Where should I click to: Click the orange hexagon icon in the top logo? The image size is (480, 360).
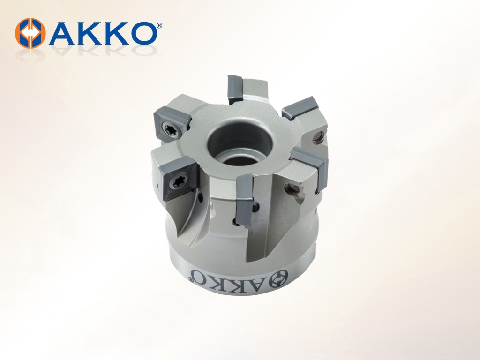(x=30, y=33)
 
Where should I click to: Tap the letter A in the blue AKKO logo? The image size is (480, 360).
(x=64, y=33)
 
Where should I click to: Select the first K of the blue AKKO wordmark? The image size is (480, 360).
(x=91, y=33)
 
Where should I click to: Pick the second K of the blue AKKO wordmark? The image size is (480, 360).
(x=116, y=33)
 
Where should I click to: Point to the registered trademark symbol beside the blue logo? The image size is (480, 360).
(x=159, y=26)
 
